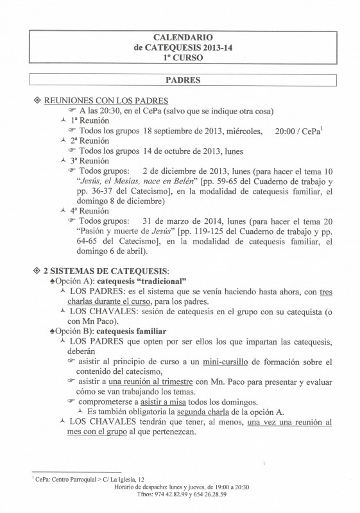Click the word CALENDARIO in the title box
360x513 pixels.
[x=180, y=38]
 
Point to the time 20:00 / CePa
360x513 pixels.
[x=296, y=131]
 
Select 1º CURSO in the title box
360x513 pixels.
[x=180, y=57]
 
